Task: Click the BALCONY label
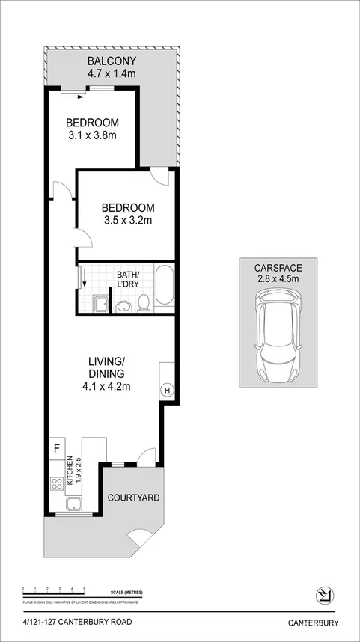point(111,61)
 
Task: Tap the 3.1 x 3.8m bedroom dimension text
point(92,135)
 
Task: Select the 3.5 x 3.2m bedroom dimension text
point(128,220)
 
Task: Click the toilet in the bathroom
point(144,302)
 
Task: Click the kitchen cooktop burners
point(56,484)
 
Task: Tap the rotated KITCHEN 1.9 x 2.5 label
point(73,472)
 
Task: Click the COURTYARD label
point(133,498)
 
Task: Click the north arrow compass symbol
point(325,596)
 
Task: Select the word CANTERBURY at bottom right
point(314,623)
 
